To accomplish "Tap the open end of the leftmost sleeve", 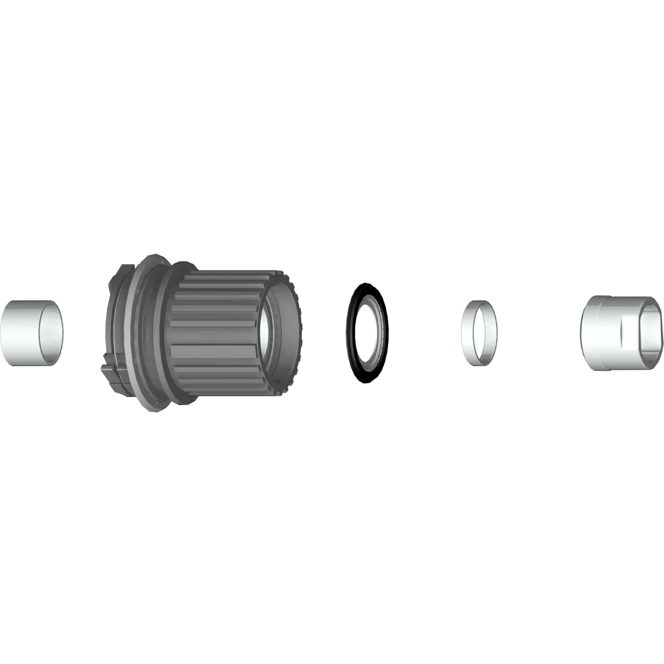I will tap(50, 332).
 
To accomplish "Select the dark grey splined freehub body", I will tap(212, 330).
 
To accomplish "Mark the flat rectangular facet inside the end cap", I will tap(629, 334).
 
